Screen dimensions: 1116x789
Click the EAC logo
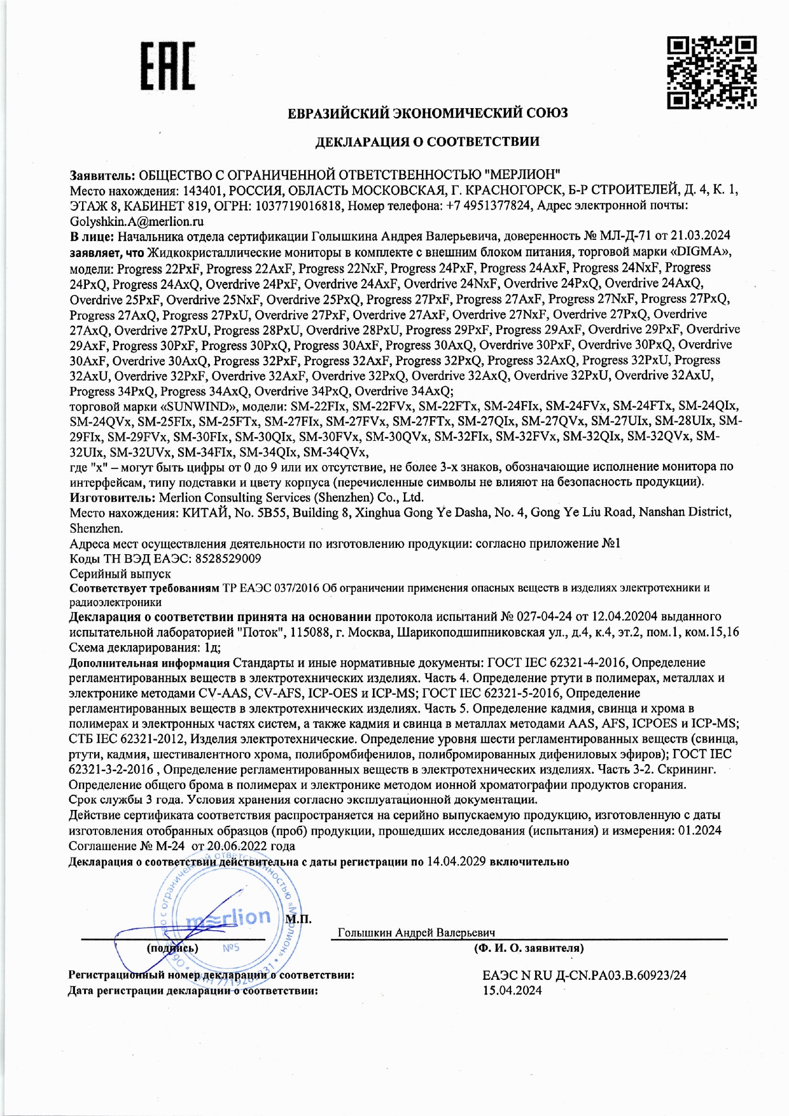[167, 66]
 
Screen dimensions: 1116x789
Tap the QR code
[711, 72]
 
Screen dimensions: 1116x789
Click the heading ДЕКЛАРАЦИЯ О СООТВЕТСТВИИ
[427, 142]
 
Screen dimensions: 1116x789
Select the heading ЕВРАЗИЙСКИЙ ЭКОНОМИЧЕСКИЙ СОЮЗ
[428, 113]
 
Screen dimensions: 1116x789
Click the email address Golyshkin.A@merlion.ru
[137, 221]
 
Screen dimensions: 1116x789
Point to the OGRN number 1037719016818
[299, 206]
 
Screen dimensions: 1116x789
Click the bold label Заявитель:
[102, 174]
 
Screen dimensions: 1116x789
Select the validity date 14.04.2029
[456, 861]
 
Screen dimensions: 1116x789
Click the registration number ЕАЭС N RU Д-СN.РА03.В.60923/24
[584, 975]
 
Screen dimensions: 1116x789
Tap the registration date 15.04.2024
[512, 991]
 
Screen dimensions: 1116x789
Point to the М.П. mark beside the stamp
[298, 919]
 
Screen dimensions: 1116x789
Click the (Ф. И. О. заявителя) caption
[528, 948]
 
